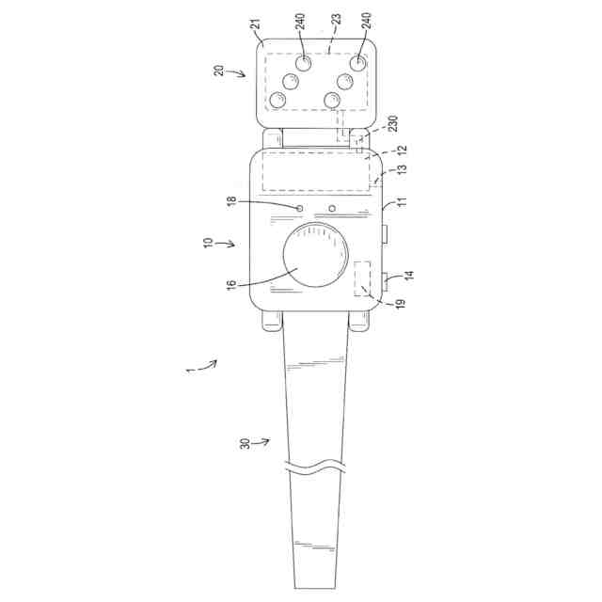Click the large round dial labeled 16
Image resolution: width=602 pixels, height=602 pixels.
pos(316,255)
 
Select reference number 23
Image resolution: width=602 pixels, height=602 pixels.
pos(336,19)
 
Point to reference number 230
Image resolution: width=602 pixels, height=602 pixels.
pos(393,123)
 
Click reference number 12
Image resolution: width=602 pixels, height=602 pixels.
pos(402,150)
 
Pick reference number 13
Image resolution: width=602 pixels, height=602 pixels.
pos(402,170)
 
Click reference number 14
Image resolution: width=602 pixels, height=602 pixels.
pos(410,276)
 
